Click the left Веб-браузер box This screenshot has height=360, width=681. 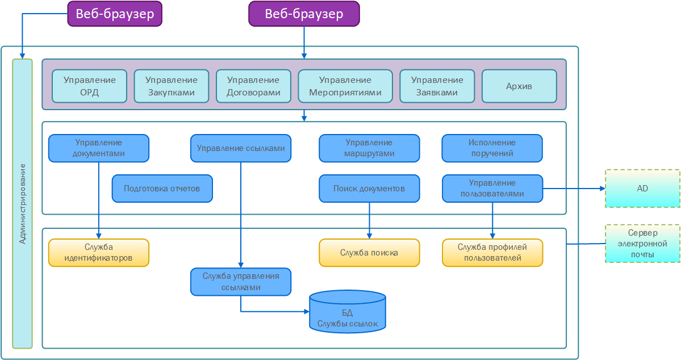coord(115,14)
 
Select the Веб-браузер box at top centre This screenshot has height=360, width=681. coord(304,14)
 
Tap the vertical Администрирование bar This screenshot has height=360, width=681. coord(22,203)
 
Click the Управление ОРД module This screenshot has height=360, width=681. coord(89,86)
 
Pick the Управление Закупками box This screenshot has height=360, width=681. coord(171,86)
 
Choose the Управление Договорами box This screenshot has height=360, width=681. coord(253,86)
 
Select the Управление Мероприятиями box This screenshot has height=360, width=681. coord(345,86)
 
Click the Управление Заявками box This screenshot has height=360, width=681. coord(437,86)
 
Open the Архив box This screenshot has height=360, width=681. coord(519,86)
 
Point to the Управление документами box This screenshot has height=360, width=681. coord(98,148)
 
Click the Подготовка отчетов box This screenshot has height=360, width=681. coord(162,189)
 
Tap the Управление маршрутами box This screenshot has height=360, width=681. coord(369,148)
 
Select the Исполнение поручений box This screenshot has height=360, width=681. coord(492,148)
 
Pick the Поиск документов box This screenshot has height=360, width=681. coord(369,189)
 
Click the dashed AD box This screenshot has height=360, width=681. coord(642,189)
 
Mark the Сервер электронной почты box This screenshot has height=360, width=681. coord(642,243)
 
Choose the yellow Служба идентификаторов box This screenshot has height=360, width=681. coord(98,253)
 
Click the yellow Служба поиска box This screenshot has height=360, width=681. coord(369,253)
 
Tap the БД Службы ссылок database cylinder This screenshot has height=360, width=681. coord(348,312)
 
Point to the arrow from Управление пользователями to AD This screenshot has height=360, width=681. coord(574,189)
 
